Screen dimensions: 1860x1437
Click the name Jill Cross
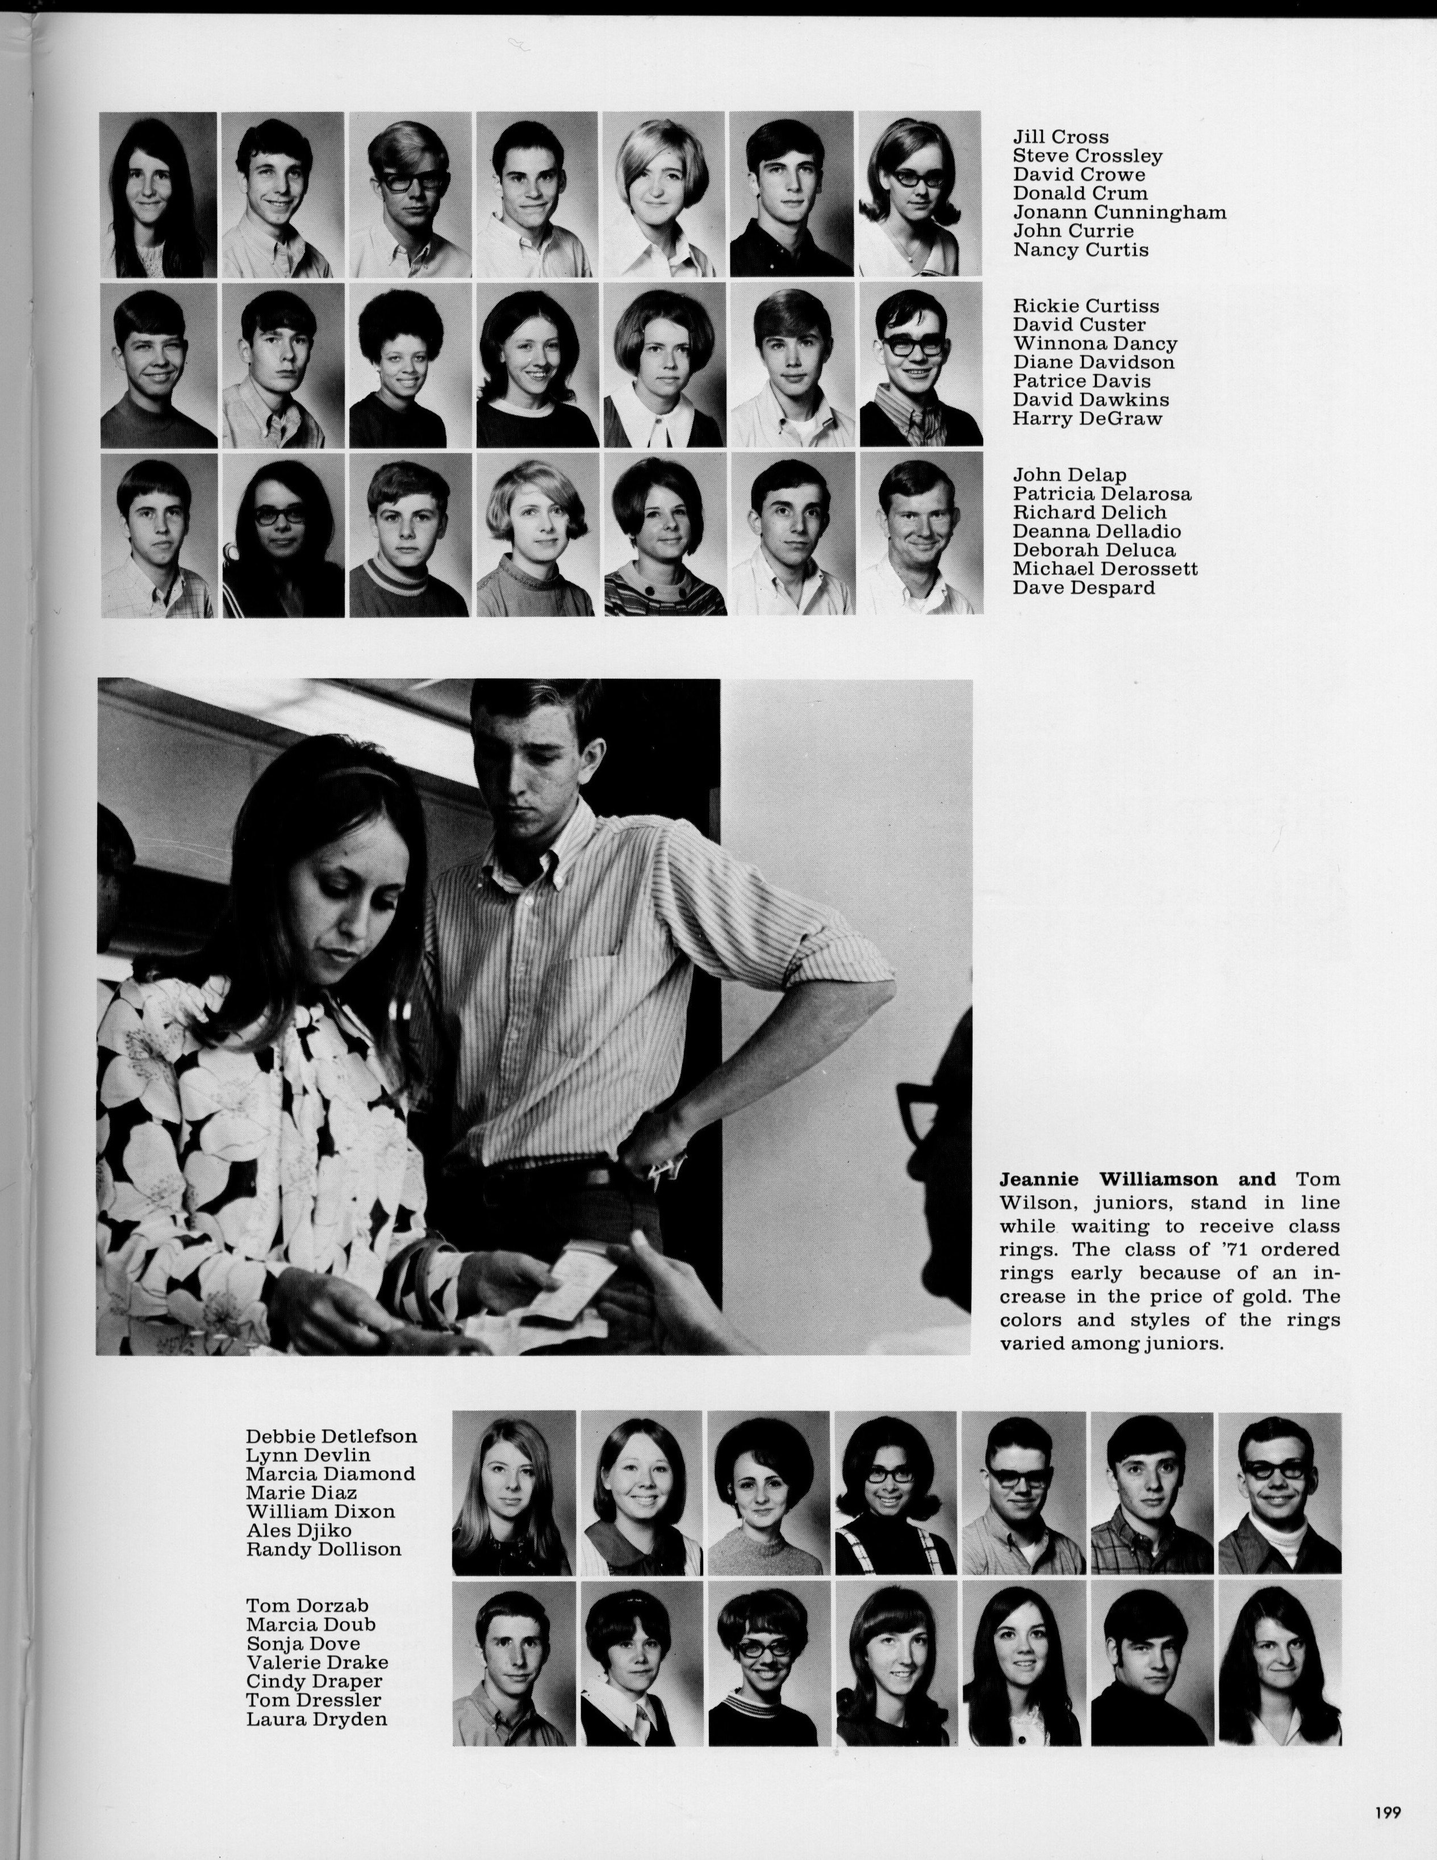coord(1060,137)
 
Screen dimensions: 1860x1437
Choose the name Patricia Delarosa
coord(1101,494)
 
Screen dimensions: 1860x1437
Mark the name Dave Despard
coord(1084,588)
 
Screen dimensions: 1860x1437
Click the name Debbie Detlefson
coord(331,1437)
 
